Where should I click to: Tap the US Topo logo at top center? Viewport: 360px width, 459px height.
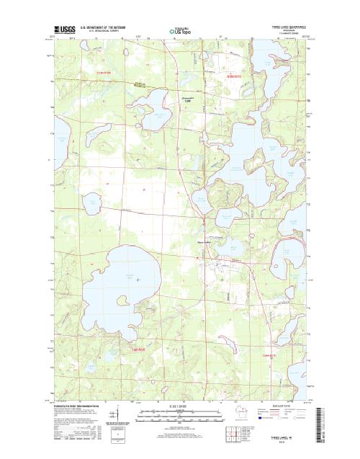pyautogui.click(x=180, y=31)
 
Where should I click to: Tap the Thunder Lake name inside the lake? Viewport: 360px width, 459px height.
pyautogui.click(x=130, y=277)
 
